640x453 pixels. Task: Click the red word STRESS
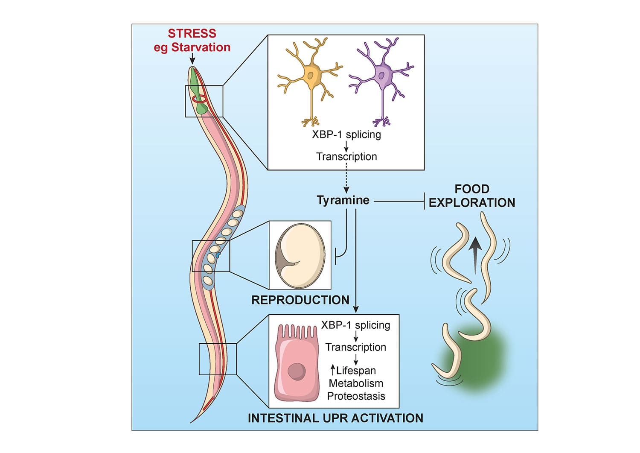coord(192,33)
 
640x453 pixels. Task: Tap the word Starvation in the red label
coord(201,47)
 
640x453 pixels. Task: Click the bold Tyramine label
coord(343,200)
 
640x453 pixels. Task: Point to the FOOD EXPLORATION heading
coord(472,196)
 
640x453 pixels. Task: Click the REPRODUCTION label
coord(300,300)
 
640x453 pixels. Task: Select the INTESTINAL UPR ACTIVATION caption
coord(335,418)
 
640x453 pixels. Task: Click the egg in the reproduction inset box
coord(300,255)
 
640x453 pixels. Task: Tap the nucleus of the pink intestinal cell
coord(296,371)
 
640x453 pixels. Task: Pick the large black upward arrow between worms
coord(475,254)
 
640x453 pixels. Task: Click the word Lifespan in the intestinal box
coord(356,370)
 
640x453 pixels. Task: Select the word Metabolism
coord(356,383)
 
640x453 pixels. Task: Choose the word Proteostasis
coord(356,396)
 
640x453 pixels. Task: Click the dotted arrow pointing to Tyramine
coord(346,179)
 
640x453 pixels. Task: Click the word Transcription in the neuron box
coord(346,157)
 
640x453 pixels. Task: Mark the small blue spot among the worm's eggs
coord(218,255)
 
